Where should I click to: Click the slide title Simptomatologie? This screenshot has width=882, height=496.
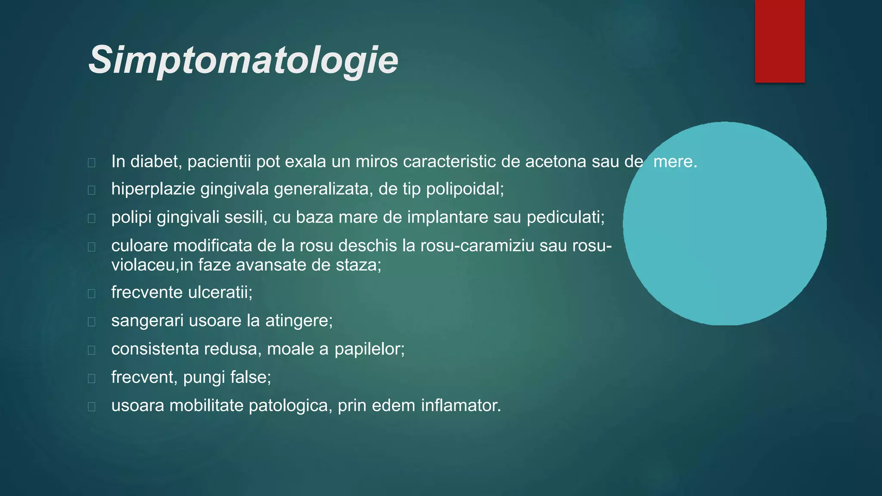243,60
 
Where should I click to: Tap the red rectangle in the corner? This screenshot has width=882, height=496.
780,41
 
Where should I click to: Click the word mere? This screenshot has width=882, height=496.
674,162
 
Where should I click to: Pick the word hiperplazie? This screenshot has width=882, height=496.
153,189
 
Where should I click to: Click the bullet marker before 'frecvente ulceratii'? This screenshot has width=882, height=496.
91,294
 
